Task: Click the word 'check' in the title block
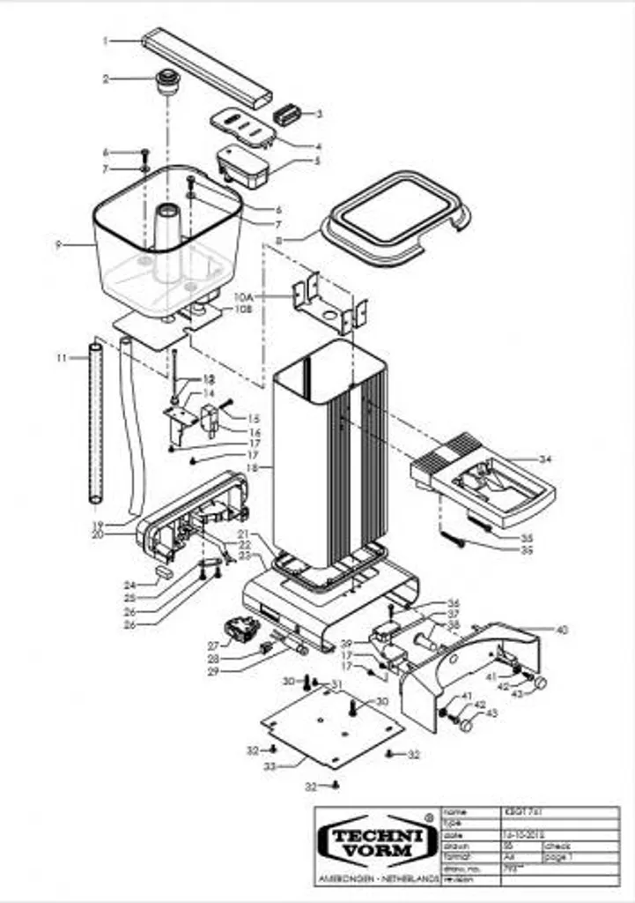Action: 557,845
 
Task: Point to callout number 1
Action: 105,41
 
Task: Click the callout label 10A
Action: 243,299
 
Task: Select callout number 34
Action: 545,459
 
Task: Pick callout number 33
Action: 270,766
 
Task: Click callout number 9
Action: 58,245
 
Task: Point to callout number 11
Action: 60,357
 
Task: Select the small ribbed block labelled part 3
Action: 286,115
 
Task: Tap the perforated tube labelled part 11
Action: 95,428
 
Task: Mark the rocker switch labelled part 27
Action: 239,630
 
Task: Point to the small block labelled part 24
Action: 164,571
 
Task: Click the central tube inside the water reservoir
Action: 167,234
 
